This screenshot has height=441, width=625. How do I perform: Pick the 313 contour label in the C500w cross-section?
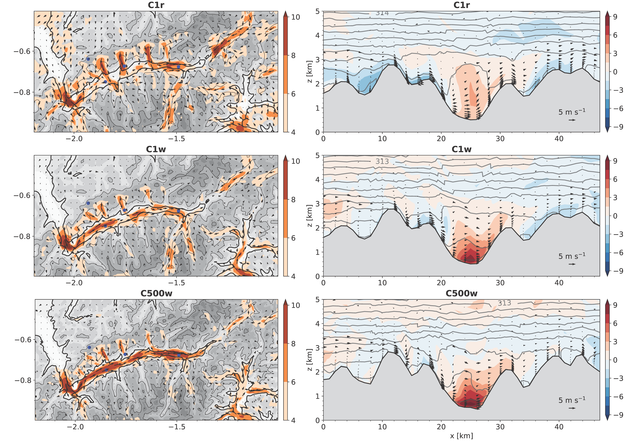[x=504, y=303]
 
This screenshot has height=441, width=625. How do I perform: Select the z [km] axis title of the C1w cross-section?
[x=309, y=216]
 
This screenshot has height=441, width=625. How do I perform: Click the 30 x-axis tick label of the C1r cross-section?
[x=500, y=139]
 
